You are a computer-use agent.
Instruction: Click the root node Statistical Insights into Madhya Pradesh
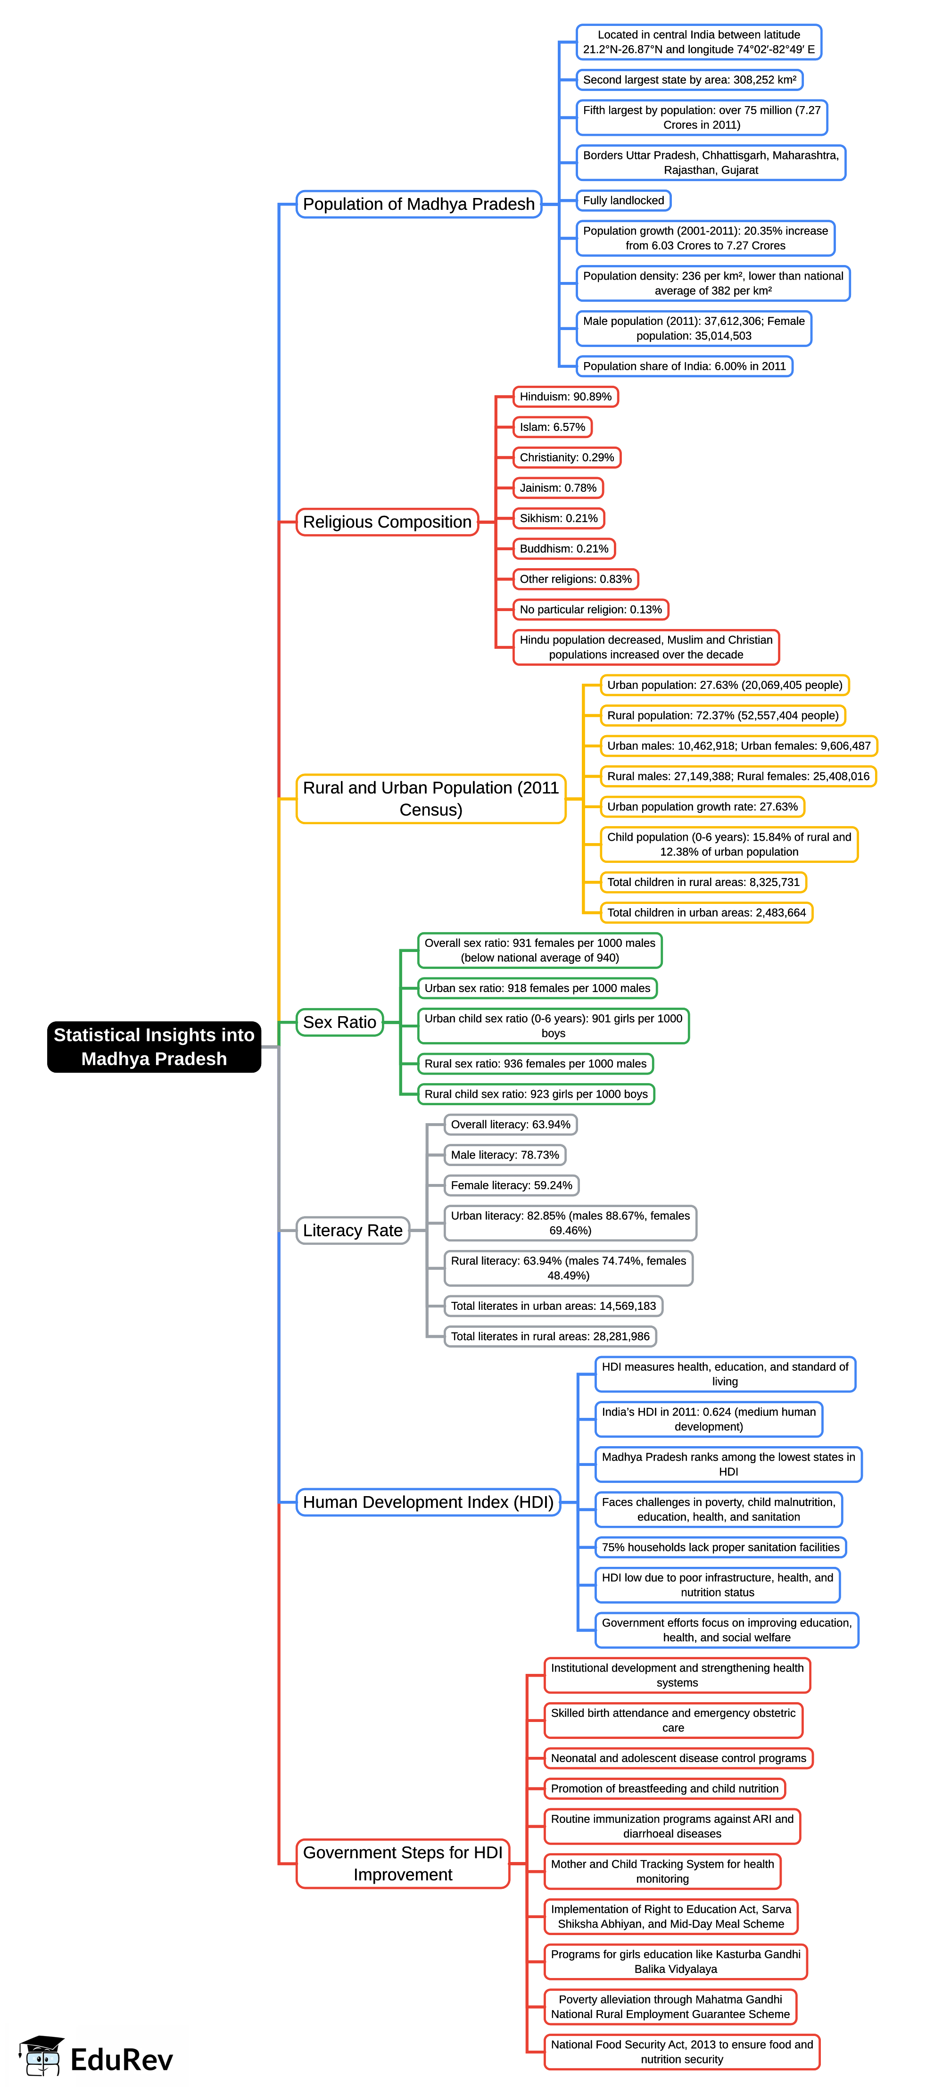pyautogui.click(x=154, y=1046)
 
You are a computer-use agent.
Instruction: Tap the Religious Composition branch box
pyautogui.click(x=387, y=522)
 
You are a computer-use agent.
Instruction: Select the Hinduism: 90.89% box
pyautogui.click(x=565, y=397)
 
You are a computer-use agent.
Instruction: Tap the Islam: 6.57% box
pyautogui.click(x=552, y=427)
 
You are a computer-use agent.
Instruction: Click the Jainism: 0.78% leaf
pyautogui.click(x=558, y=488)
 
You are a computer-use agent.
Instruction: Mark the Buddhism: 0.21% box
pyautogui.click(x=563, y=549)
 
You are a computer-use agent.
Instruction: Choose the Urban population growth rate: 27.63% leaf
pyautogui.click(x=702, y=806)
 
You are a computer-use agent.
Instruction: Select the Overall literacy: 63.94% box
pyautogui.click(x=511, y=1124)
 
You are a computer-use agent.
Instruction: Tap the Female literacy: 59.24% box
pyautogui.click(x=512, y=1185)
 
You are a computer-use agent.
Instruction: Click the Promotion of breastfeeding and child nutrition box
pyautogui.click(x=664, y=1788)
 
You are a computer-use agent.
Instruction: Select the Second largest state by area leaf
pyautogui.click(x=688, y=80)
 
